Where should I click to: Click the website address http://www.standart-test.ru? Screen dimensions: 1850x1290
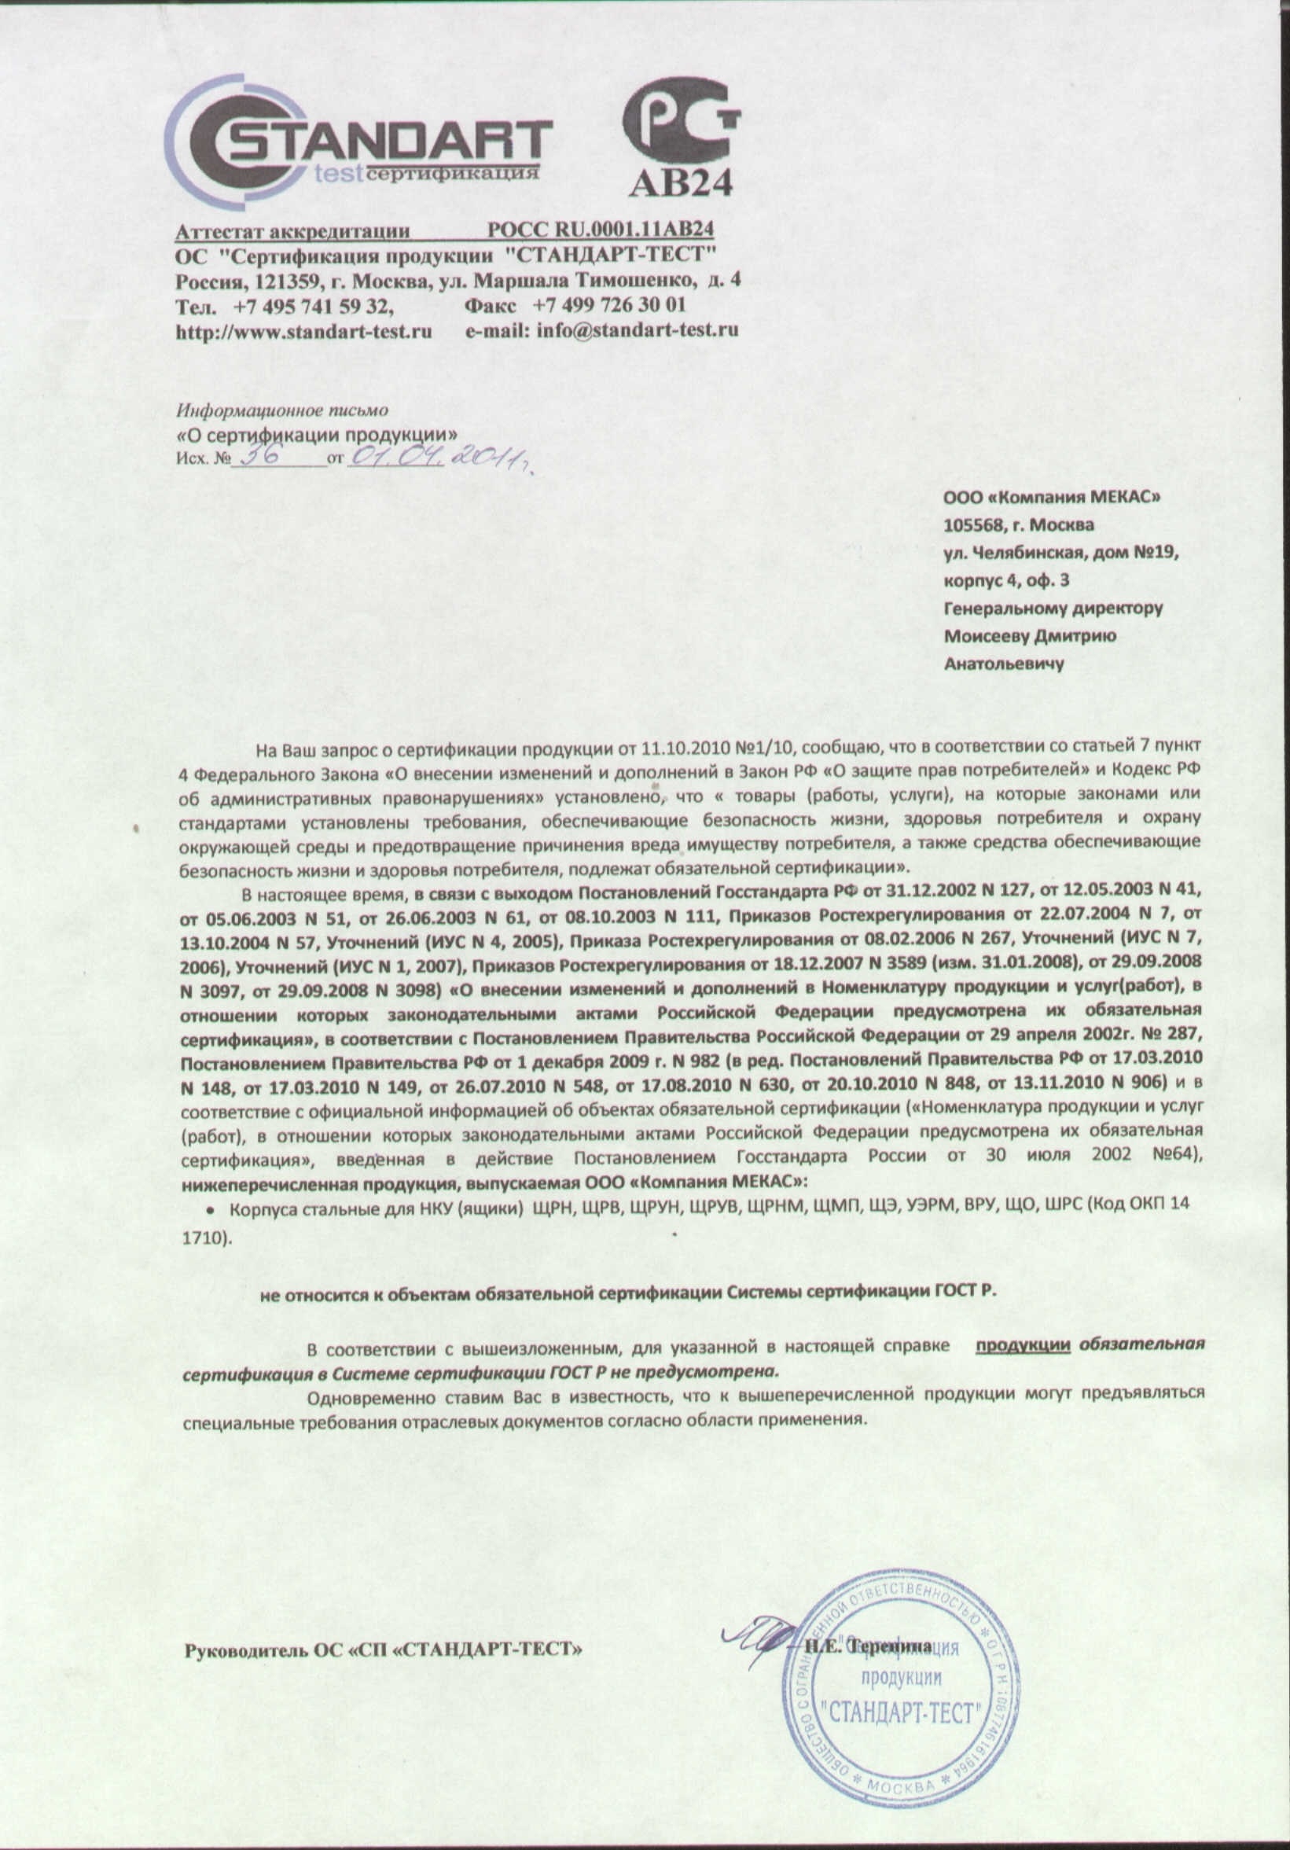tap(304, 330)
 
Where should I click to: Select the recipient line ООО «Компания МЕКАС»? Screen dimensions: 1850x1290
tap(1053, 498)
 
